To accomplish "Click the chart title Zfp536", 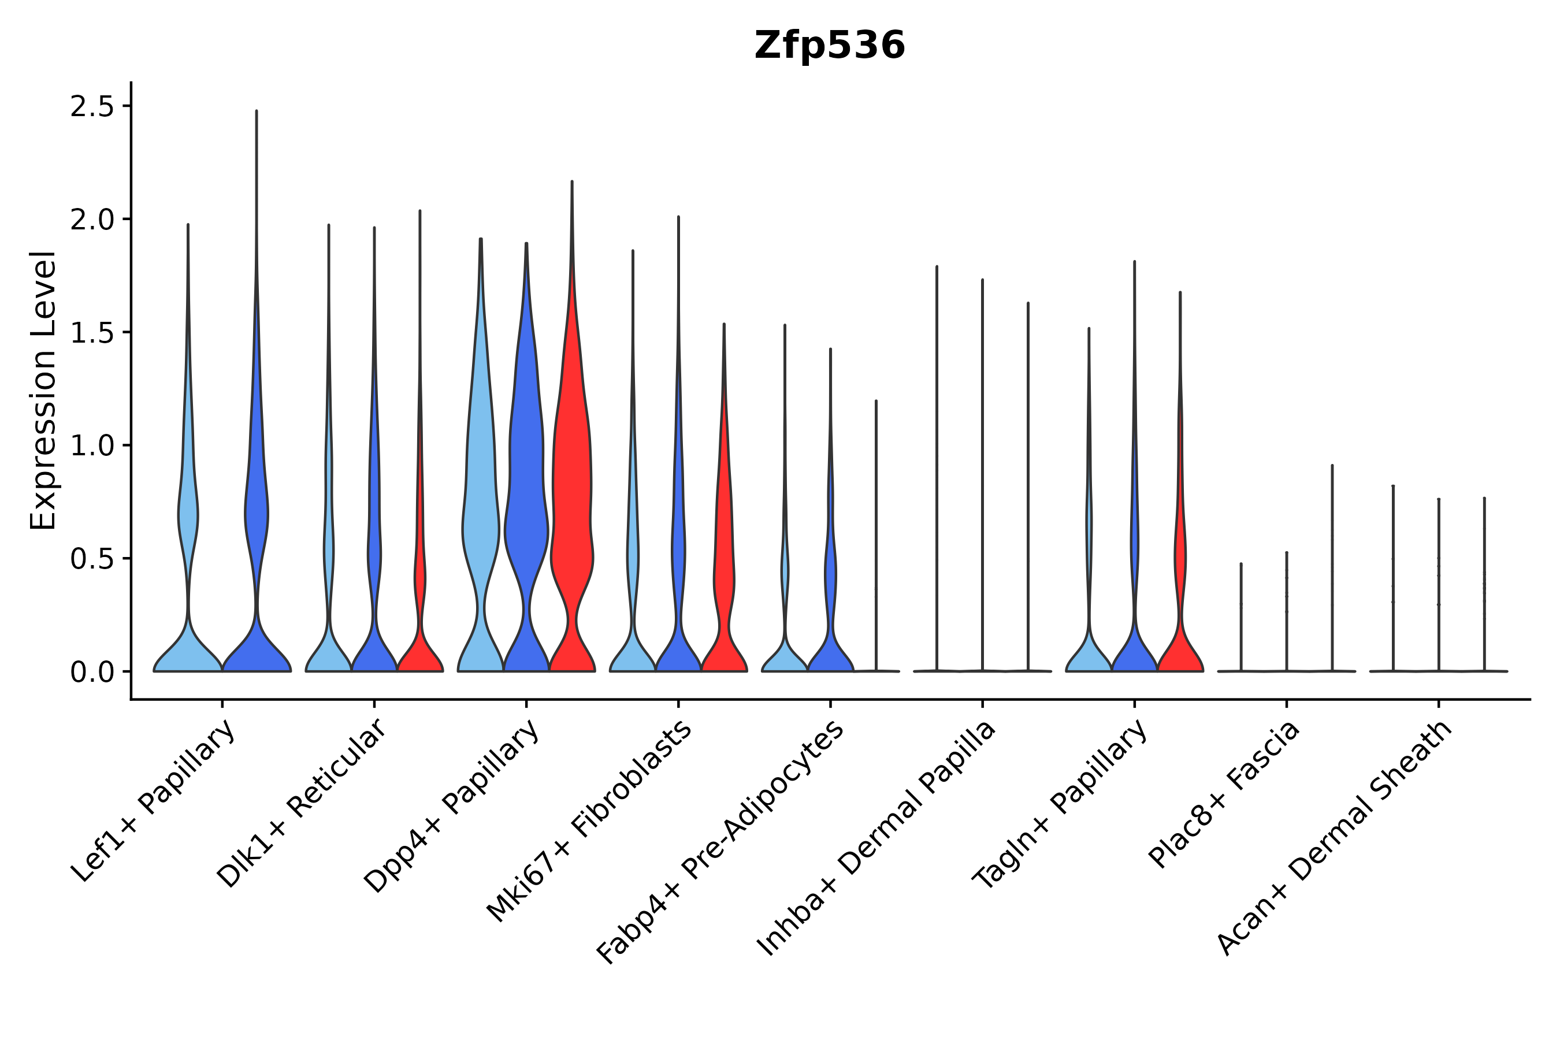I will coord(829,46).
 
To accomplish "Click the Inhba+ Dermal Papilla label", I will coord(875,838).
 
